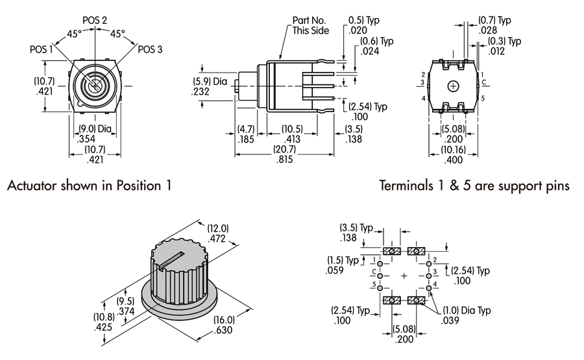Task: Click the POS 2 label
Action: pos(95,20)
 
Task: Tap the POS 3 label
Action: pos(150,49)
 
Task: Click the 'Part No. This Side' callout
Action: pos(310,25)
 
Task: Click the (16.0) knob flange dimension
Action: pos(223,320)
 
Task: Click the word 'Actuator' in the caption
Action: pos(33,186)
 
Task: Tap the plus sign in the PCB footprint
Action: pos(405,276)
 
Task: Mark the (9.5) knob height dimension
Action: pos(125,301)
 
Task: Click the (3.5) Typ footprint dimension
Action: pos(354,228)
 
